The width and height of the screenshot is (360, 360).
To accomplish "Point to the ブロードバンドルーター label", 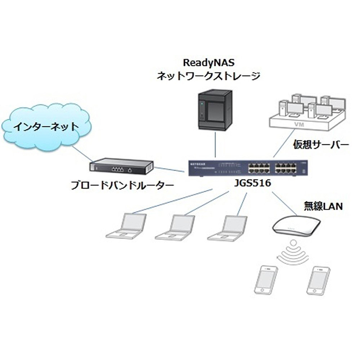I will coord(122,185).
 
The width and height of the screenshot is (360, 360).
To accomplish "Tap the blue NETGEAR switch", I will coord(248,169).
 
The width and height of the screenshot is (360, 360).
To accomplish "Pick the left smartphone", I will coord(266,280).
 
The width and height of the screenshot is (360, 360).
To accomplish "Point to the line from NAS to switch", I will coord(215,145).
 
